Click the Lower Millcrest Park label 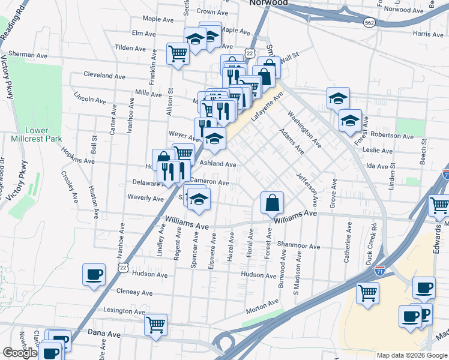click(37, 134)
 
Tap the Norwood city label click(267, 3)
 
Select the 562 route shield click(370, 22)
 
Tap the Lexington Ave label click(125, 311)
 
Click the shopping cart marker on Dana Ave click(155, 325)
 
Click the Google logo click(20, 353)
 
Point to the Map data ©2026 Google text click(411, 355)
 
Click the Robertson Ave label click(392, 136)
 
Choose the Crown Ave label click(213, 11)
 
